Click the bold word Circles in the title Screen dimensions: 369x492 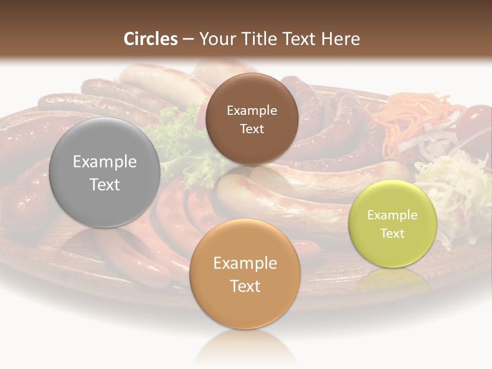coord(151,39)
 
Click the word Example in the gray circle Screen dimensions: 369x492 coord(105,162)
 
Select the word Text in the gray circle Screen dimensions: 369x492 coord(105,184)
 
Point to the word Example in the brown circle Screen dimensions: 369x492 coord(252,110)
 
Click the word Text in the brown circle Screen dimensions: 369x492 coord(252,129)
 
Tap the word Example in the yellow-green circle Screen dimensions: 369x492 coord(393,215)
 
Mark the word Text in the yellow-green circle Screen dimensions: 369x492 coord(393,233)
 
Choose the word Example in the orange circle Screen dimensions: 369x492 coord(245,263)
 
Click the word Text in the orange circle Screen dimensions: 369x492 coord(245,286)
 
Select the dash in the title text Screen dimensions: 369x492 coord(188,39)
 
